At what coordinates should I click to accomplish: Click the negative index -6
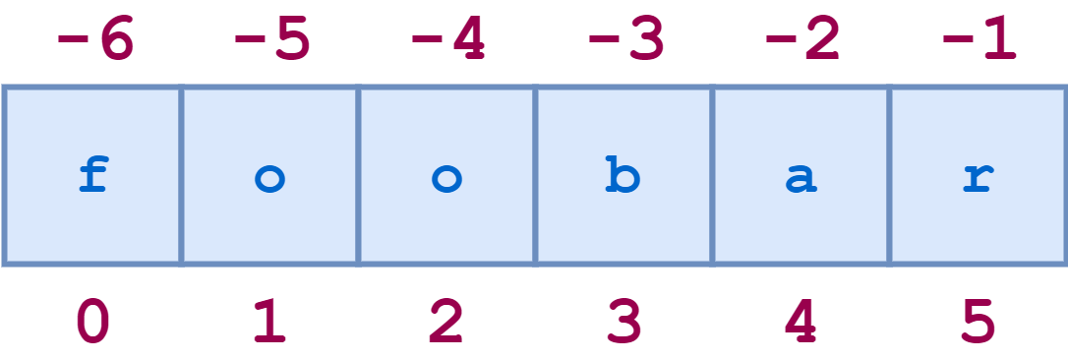pyautogui.click(x=94, y=41)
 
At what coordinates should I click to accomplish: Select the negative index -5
pyautogui.click(x=271, y=41)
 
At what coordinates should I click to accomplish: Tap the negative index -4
pyautogui.click(x=448, y=41)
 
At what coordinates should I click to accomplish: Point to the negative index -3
pyautogui.click(x=625, y=41)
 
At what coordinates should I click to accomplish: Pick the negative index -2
pyautogui.click(x=802, y=41)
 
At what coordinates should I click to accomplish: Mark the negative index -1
pyautogui.click(x=979, y=41)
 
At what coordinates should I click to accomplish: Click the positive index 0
pyautogui.click(x=93, y=321)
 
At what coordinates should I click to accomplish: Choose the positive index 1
pyautogui.click(x=270, y=321)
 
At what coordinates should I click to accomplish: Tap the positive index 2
pyautogui.click(x=446, y=321)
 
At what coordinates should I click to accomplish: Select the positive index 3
pyautogui.click(x=623, y=321)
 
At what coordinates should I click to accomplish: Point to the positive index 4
pyautogui.click(x=801, y=321)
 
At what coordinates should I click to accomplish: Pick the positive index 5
pyautogui.click(x=979, y=321)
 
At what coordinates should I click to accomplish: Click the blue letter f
pyautogui.click(x=93, y=177)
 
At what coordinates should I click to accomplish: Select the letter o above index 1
pyautogui.click(x=270, y=179)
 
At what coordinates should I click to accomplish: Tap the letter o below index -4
pyautogui.click(x=447, y=179)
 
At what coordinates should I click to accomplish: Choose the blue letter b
pyautogui.click(x=623, y=177)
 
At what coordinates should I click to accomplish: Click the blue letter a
pyautogui.click(x=801, y=180)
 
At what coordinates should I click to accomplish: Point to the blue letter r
pyautogui.click(x=979, y=180)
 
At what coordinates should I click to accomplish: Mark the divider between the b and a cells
pyautogui.click(x=712, y=175)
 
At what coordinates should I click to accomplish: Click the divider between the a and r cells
pyautogui.click(x=890, y=175)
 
